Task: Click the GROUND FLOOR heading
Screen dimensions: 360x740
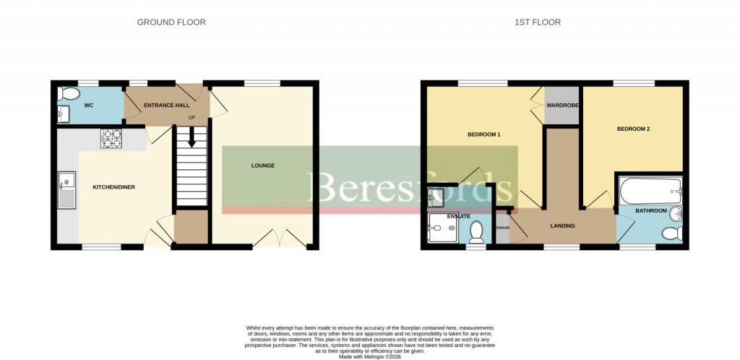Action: [x=171, y=22]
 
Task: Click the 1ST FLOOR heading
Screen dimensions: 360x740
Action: [x=537, y=22]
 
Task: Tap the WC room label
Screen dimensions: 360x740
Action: [x=90, y=106]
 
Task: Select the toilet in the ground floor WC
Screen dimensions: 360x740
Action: [x=70, y=94]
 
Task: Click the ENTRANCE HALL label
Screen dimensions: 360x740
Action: [x=167, y=106]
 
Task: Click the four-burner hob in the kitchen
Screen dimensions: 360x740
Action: [x=111, y=138]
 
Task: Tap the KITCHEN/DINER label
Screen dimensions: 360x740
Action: [x=113, y=187]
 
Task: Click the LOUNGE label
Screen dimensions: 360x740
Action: [x=262, y=166]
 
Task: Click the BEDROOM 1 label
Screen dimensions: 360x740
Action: [x=484, y=135]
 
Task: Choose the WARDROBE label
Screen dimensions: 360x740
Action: [x=562, y=106]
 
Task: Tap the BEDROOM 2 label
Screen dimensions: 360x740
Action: [x=633, y=129]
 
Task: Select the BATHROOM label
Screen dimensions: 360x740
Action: [x=652, y=211]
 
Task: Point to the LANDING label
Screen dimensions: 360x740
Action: [x=562, y=226]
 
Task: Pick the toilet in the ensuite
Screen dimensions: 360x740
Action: [x=476, y=231]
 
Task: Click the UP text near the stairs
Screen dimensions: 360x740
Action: [x=192, y=117]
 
